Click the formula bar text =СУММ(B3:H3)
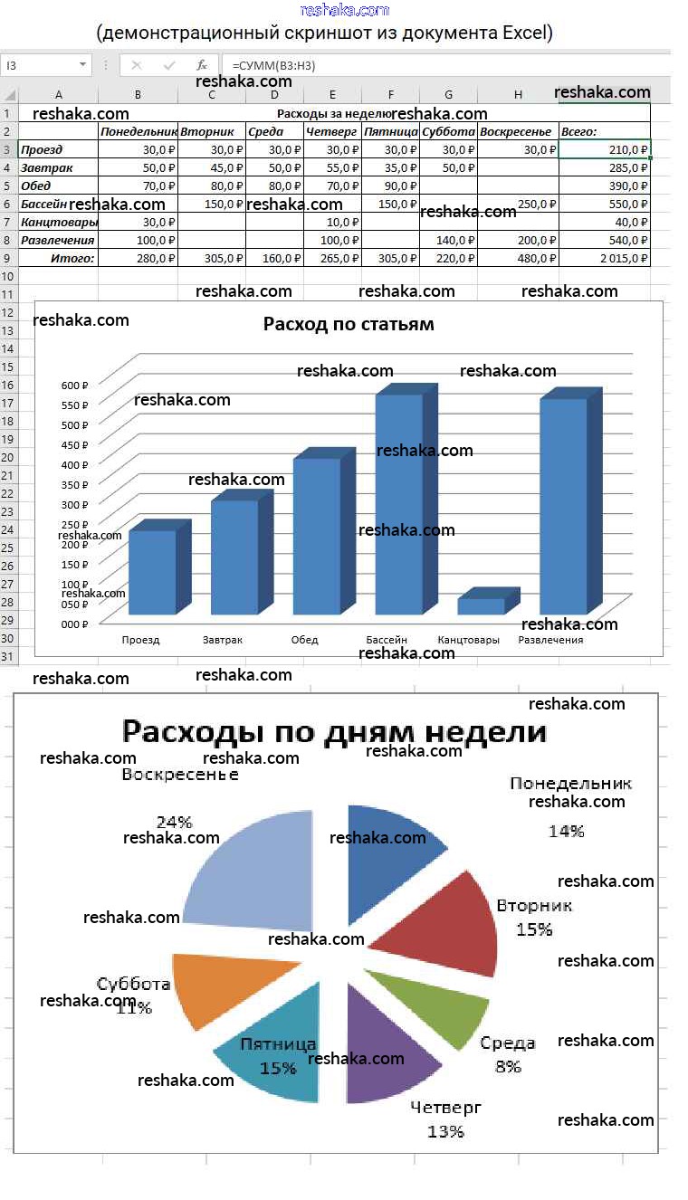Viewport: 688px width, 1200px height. click(x=273, y=65)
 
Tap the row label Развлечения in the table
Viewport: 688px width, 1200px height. click(x=57, y=240)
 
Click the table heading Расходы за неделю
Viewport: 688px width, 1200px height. click(x=333, y=113)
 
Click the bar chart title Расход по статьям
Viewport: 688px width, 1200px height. click(x=349, y=324)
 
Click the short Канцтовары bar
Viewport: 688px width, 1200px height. click(x=481, y=605)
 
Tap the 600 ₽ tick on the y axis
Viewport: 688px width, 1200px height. click(x=73, y=385)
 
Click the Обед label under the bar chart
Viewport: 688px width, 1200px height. click(x=304, y=640)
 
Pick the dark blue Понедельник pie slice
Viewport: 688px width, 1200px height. click(x=389, y=842)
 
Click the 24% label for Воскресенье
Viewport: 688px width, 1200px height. click(x=174, y=822)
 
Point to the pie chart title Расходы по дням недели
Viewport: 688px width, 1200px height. click(x=334, y=730)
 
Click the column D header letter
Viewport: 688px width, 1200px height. click(x=274, y=94)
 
